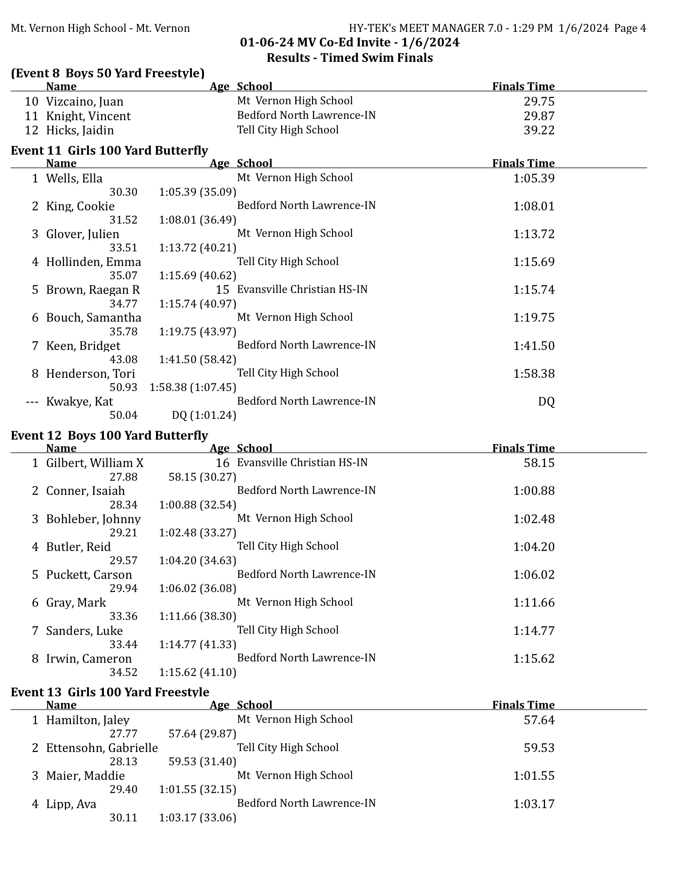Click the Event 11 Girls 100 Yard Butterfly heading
tap(109, 151)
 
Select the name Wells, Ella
tap(74, 178)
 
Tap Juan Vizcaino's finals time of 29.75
tap(539, 102)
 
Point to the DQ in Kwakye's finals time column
tap(546, 402)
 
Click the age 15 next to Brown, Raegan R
tap(222, 289)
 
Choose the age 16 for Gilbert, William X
tap(222, 463)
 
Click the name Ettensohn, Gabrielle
tap(102, 748)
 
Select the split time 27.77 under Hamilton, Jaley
tap(123, 734)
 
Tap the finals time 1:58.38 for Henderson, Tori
tap(534, 374)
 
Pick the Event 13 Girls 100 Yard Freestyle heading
tap(110, 692)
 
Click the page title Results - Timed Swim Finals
tap(350, 58)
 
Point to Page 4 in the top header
tap(630, 28)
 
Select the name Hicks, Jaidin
tap(80, 130)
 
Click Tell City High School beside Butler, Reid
tap(288, 546)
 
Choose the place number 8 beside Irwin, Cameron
tap(35, 659)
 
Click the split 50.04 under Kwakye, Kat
tap(123, 415)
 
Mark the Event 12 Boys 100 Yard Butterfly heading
tap(109, 436)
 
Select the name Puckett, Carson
tap(89, 575)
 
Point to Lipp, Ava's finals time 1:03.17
tap(534, 804)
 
